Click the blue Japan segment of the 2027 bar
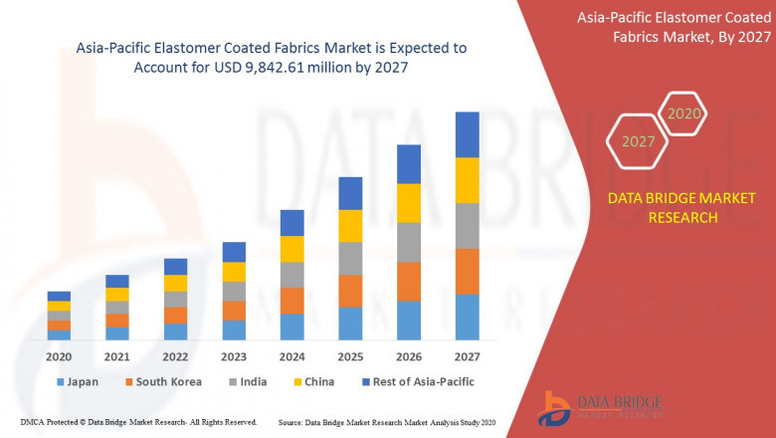[x=467, y=317]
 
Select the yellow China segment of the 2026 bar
[x=408, y=202]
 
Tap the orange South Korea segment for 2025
[x=350, y=291]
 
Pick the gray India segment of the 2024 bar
[x=291, y=275]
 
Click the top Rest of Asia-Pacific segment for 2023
[x=234, y=252]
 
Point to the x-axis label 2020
[x=59, y=356]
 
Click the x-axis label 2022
[x=175, y=356]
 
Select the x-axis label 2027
[x=467, y=356]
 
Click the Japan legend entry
[x=81, y=381]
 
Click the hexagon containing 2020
[x=683, y=114]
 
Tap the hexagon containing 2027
[x=638, y=141]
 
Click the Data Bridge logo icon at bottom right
[x=554, y=407]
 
